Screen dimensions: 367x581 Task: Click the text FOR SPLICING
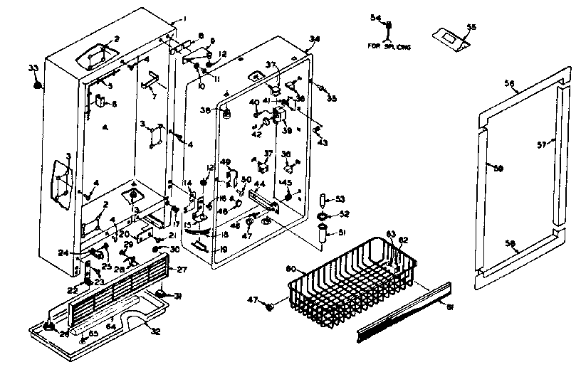click(390, 47)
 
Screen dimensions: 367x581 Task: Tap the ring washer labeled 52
click(322, 215)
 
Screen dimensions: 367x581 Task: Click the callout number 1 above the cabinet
click(183, 18)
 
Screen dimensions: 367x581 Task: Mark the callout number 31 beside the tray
click(179, 297)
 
